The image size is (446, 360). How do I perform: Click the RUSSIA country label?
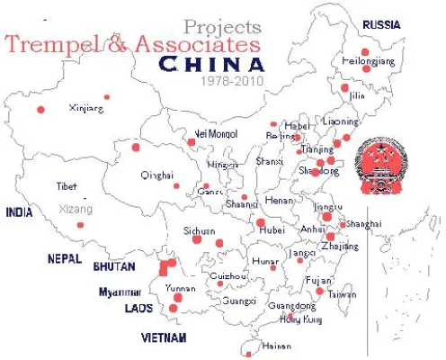381,24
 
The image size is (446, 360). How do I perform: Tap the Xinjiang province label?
86,108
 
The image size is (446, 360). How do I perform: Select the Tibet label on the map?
67,186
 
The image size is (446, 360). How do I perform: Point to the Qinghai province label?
156,176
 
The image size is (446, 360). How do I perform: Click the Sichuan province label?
199,230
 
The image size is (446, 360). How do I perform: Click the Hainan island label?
275,346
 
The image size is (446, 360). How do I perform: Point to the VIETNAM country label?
164,337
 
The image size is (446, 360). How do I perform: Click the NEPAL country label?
65,258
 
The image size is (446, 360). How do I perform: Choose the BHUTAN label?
113,266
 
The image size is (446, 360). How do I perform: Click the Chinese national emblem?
379,166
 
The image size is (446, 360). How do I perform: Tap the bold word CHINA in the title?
212,64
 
